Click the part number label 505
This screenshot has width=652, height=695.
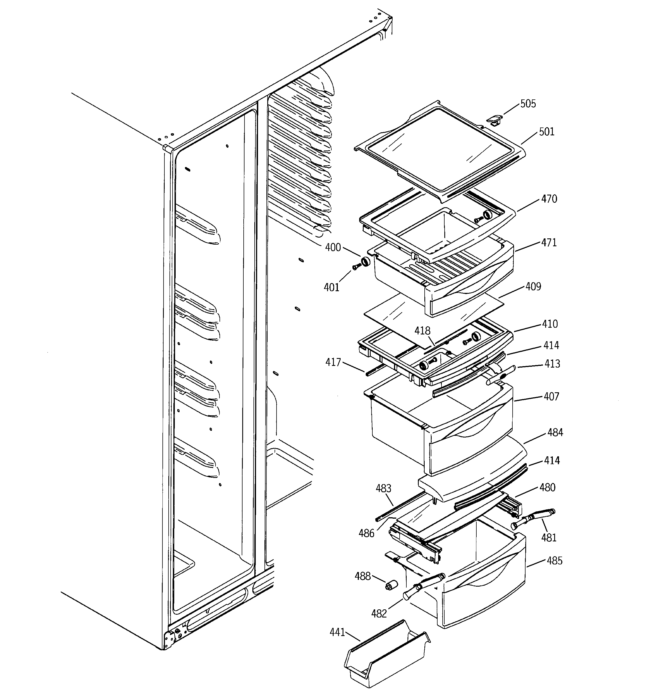528,104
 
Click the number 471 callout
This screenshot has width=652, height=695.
549,243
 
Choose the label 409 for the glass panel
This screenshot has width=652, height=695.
533,287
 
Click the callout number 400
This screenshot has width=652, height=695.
333,247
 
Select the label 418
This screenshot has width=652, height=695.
422,331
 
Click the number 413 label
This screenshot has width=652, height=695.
552,364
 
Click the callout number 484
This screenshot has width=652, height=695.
555,433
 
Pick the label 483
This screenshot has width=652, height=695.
383,488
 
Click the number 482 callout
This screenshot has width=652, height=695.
379,614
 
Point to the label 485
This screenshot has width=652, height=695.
554,561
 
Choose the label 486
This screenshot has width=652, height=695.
366,534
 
